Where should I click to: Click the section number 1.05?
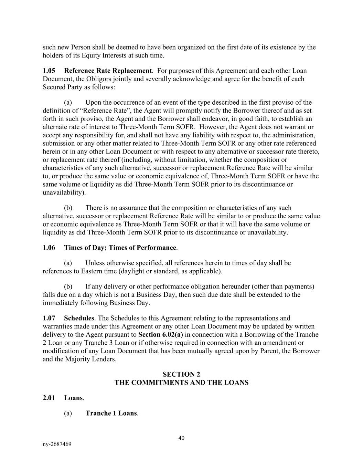pos(49,71)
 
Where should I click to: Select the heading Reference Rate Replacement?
pos(108,71)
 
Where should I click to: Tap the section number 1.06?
pos(49,248)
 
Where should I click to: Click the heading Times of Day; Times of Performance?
pos(120,248)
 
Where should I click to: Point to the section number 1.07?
pos(49,318)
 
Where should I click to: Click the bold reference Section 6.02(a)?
pos(160,335)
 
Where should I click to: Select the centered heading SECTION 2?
pos(181,374)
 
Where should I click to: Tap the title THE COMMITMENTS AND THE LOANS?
pos(181,383)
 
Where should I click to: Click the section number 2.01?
pos(49,398)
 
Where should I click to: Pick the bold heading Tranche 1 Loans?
pos(111,413)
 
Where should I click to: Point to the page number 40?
pos(182,438)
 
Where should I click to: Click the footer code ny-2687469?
pos(57,444)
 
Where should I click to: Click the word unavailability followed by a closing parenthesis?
pos(63,192)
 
